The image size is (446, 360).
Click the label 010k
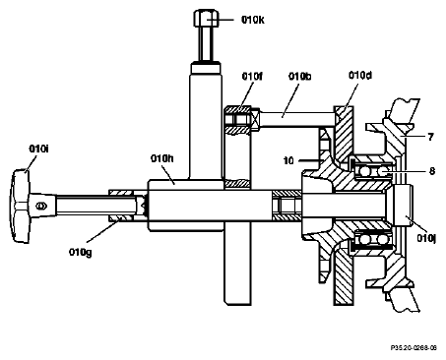click(253, 20)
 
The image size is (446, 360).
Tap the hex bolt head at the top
click(206, 19)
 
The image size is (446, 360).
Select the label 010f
click(252, 77)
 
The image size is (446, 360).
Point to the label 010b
click(299, 77)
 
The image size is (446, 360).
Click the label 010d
click(360, 76)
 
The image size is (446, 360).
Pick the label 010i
click(38, 149)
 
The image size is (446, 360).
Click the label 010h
click(162, 158)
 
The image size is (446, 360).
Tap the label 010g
click(81, 253)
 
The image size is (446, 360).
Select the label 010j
click(426, 238)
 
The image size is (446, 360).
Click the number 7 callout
click(430, 137)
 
